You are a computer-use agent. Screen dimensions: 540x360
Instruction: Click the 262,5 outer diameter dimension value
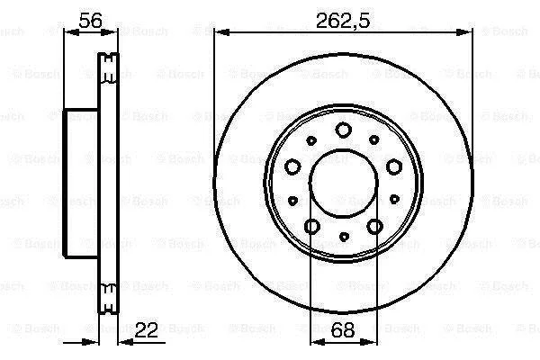[343, 21]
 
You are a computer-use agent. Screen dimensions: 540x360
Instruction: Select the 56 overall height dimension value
[90, 21]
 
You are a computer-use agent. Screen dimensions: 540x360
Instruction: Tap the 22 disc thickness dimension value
[147, 330]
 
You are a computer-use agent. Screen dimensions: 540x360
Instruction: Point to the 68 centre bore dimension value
[342, 330]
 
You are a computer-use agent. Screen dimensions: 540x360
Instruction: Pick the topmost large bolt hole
[344, 130]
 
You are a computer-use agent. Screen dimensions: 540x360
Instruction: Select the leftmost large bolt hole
[292, 166]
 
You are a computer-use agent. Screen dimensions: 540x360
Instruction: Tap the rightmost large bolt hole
[394, 166]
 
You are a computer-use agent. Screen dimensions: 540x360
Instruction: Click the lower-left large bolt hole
[312, 226]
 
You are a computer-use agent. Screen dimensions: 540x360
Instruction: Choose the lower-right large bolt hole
[374, 226]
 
